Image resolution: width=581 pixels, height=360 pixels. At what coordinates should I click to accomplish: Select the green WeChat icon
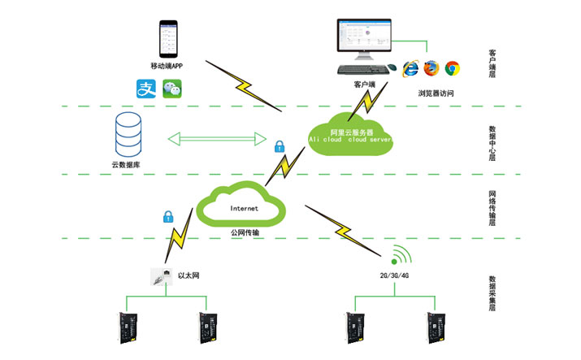171,89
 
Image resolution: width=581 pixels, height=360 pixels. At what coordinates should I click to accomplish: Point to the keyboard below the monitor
362,71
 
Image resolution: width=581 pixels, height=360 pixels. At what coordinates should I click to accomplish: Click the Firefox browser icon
431,67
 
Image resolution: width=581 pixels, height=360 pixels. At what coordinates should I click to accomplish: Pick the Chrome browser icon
452,67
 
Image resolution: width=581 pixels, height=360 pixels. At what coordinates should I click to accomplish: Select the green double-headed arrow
217,139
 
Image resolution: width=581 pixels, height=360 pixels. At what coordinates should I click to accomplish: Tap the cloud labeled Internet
245,207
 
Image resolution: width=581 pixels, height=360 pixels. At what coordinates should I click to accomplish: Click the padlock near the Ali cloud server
279,147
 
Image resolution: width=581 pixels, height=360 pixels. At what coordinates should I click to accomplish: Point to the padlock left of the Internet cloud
169,217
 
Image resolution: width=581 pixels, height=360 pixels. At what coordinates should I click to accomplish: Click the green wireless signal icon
398,255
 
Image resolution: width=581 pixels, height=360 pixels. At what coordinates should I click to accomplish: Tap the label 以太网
189,276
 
